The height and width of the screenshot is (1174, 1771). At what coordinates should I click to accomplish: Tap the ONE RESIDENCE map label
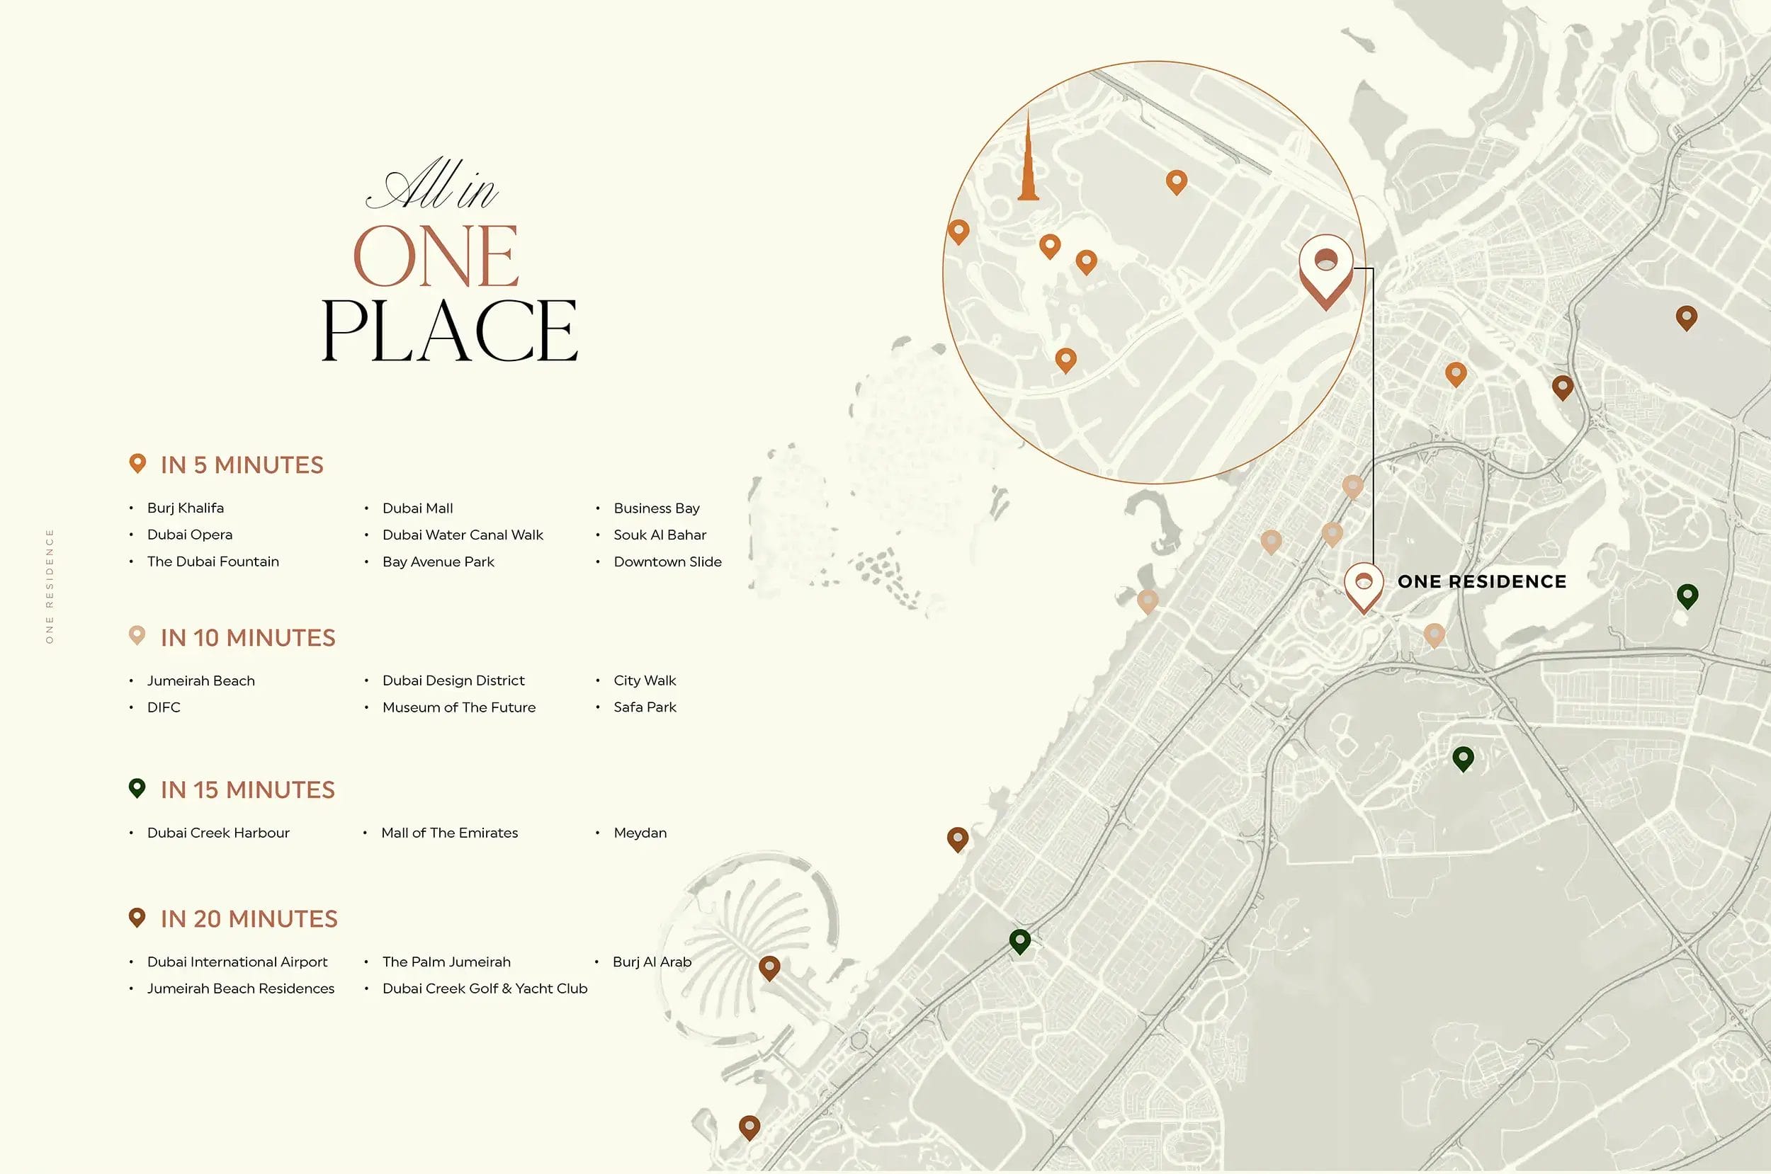[1481, 582]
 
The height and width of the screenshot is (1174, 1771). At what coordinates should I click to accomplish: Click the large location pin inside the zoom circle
[1325, 270]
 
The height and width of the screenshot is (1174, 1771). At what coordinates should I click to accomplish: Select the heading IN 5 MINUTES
[242, 465]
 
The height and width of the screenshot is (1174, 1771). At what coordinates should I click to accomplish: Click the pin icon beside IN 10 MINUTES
[137, 636]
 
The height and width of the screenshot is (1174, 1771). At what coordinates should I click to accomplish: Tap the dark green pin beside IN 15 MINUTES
[137, 787]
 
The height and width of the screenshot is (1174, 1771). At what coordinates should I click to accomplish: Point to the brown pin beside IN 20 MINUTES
[137, 917]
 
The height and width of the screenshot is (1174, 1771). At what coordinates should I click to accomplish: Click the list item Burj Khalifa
[185, 508]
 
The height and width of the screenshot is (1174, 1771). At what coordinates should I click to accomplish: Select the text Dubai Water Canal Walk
[462, 535]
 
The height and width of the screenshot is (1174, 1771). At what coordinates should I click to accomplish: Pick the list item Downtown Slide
[667, 562]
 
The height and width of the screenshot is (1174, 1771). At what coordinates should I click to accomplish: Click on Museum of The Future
[458, 707]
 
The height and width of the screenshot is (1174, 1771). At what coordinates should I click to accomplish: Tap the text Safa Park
[644, 707]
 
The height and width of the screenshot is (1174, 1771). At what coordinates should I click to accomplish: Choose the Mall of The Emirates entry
[449, 833]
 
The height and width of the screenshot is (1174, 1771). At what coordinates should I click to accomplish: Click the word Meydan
[640, 833]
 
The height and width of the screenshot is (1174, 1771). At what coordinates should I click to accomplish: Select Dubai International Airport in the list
[237, 962]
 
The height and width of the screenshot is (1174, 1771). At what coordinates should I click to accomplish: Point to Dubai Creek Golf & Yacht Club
[485, 988]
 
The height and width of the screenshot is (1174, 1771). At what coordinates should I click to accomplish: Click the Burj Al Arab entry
[652, 962]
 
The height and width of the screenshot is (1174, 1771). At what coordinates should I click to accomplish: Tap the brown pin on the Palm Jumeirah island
[769, 967]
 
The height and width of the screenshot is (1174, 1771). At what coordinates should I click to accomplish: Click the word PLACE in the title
[449, 331]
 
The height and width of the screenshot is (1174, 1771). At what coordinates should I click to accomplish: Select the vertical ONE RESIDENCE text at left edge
[50, 586]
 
